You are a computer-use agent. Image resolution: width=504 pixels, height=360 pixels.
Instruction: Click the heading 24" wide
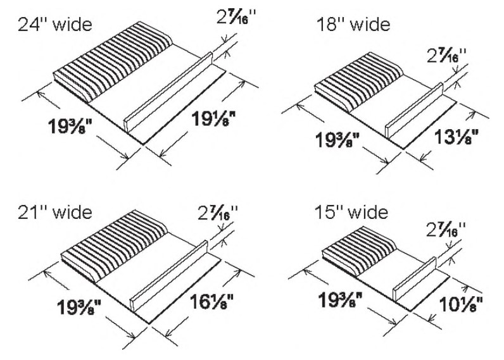[x=54, y=25]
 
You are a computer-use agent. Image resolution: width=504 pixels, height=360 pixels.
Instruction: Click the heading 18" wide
[x=353, y=25]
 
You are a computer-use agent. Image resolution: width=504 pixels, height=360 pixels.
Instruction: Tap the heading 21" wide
[x=54, y=213]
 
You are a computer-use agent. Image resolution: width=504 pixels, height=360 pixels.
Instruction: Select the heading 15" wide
[x=351, y=213]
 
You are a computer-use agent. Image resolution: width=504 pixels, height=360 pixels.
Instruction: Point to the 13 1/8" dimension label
[x=457, y=137]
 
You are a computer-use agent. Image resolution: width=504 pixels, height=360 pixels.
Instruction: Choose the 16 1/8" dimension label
[x=211, y=302]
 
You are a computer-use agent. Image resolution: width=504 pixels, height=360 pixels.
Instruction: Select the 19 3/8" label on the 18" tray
[x=337, y=140]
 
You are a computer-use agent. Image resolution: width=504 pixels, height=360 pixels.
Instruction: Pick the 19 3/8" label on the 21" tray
[x=79, y=307]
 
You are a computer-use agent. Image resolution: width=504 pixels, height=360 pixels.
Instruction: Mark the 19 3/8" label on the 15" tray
[x=340, y=301]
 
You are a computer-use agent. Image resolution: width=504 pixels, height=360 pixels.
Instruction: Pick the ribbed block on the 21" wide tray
[x=115, y=247]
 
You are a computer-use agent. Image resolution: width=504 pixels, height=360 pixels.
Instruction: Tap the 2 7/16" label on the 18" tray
[x=447, y=56]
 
